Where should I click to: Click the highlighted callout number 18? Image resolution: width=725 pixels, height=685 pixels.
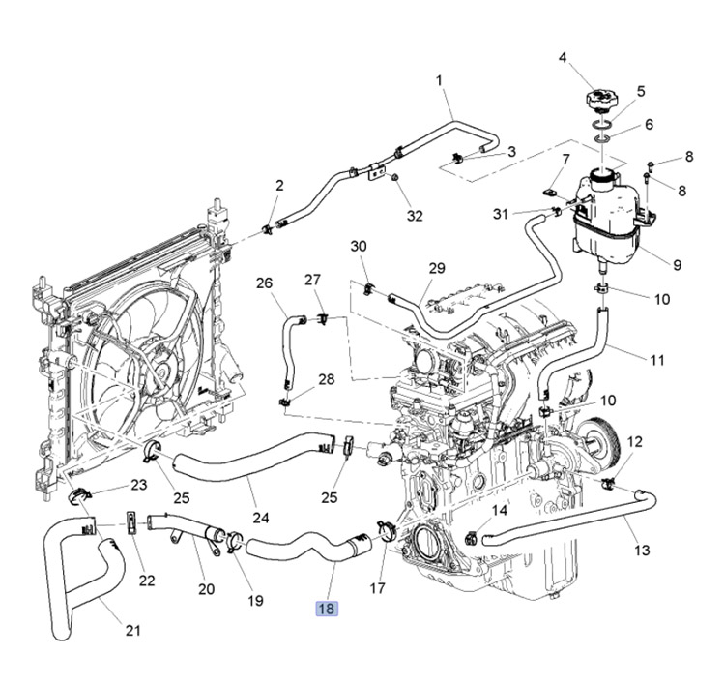coord(326,609)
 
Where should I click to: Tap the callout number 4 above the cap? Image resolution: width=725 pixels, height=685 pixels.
coord(563,58)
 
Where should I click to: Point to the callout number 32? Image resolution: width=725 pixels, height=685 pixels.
coord(415,216)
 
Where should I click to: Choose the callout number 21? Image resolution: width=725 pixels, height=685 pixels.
coord(133,631)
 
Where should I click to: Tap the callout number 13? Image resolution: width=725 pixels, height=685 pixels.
coord(642,551)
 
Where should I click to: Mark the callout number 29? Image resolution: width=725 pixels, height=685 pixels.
coord(437,268)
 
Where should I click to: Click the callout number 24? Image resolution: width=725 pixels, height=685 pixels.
coord(260,517)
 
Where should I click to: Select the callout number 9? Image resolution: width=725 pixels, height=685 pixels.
coord(676,264)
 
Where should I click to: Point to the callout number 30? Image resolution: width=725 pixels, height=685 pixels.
coord(359,247)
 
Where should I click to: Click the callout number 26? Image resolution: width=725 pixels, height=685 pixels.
coord(265,283)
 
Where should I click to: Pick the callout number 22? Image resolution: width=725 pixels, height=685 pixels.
coord(147,580)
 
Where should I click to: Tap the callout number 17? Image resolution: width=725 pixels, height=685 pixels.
coord(377,587)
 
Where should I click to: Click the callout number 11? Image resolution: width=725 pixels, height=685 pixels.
coord(657,360)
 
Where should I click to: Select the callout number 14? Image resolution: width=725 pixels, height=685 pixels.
coord(500,510)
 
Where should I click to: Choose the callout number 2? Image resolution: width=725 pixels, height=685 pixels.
coord(279,185)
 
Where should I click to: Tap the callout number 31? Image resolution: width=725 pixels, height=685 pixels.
coord(500,213)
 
